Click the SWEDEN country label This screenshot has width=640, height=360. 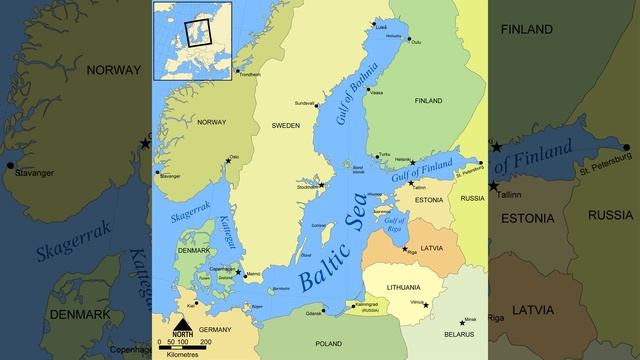(x=285, y=125)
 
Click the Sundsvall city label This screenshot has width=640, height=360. (x=304, y=103)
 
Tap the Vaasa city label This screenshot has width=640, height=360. (x=376, y=92)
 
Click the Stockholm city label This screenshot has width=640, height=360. (x=306, y=186)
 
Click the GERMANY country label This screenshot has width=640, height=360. (x=215, y=329)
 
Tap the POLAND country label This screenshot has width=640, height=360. (x=328, y=343)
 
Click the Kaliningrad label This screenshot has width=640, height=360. (x=367, y=304)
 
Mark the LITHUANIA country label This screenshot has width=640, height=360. (x=396, y=284)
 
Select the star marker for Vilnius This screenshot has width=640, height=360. (x=425, y=305)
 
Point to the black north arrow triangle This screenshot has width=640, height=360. (x=182, y=322)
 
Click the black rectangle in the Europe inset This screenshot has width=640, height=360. (x=198, y=34)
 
